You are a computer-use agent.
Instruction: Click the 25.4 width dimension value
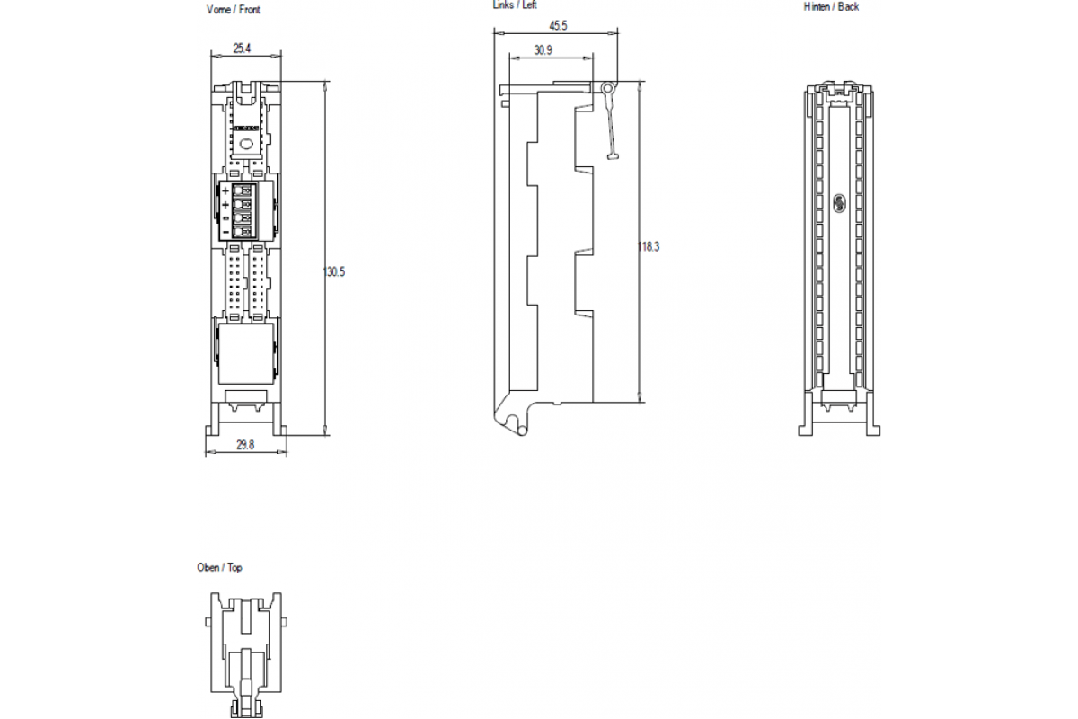(x=242, y=49)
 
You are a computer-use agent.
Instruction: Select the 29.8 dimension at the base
(x=245, y=445)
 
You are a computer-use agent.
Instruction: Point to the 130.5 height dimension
(x=334, y=271)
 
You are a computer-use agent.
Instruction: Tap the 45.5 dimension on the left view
(x=558, y=25)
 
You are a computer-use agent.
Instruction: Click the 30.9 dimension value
(x=543, y=50)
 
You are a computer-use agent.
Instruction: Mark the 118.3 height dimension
(x=649, y=246)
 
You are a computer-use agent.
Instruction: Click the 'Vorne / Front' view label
(x=234, y=10)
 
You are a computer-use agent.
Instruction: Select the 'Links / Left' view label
(x=515, y=4)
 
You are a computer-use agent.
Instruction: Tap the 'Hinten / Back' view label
(x=831, y=7)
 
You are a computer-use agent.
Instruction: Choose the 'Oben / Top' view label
(x=219, y=567)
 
